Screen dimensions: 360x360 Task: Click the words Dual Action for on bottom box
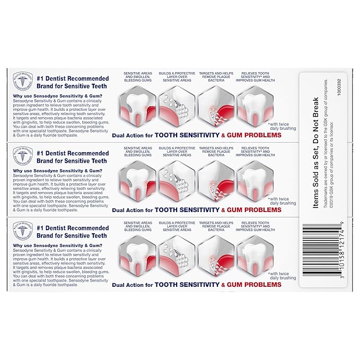(132, 285)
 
